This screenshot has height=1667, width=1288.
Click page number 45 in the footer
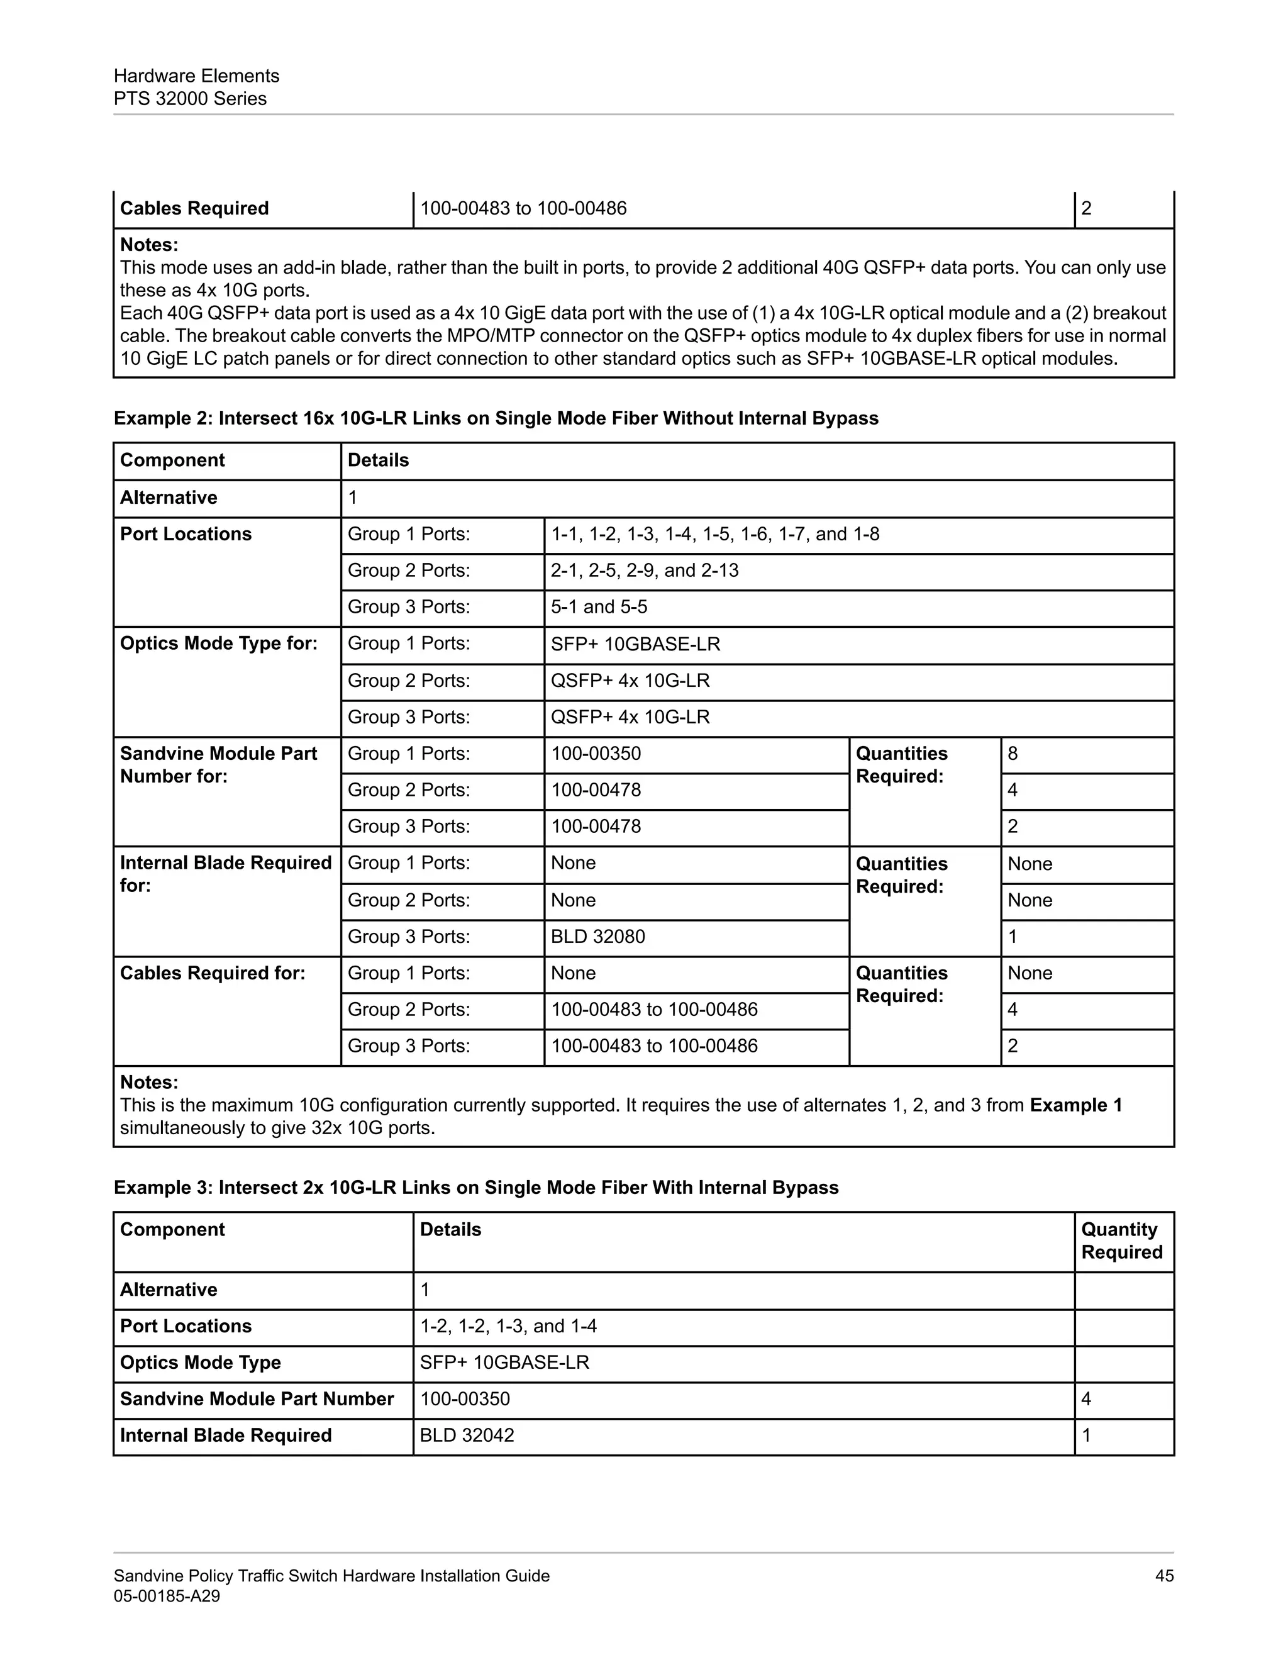(x=1163, y=1575)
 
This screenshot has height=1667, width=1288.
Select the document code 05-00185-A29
(x=166, y=1595)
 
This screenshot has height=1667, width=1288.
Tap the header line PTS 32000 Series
(x=190, y=99)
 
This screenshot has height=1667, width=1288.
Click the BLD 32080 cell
(x=597, y=937)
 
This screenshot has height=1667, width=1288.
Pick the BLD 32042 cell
(x=467, y=1435)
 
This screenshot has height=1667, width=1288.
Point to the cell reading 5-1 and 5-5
(x=599, y=607)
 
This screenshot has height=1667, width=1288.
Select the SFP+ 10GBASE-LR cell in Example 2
(x=635, y=644)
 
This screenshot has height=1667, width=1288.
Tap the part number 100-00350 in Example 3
(x=465, y=1398)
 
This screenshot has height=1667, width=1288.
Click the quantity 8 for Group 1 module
(x=1013, y=754)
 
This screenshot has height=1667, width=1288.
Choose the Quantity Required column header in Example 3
(x=1121, y=1240)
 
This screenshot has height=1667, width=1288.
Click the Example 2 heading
(x=496, y=418)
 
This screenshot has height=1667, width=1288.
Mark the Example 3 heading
(x=475, y=1188)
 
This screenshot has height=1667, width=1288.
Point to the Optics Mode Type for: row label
(x=218, y=644)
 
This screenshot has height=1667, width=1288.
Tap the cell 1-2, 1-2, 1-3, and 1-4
(x=508, y=1326)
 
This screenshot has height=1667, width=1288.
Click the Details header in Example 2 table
(x=378, y=460)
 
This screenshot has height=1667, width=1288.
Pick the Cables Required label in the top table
(x=194, y=208)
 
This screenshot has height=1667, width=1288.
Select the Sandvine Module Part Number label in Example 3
(x=257, y=1398)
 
